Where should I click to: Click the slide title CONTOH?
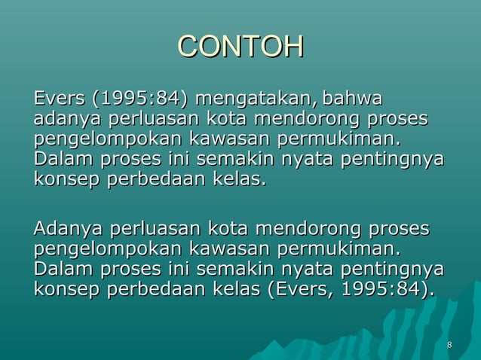(x=240, y=47)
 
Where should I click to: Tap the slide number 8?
(x=450, y=346)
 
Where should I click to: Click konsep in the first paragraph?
(x=63, y=181)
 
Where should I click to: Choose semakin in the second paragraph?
(x=237, y=270)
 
